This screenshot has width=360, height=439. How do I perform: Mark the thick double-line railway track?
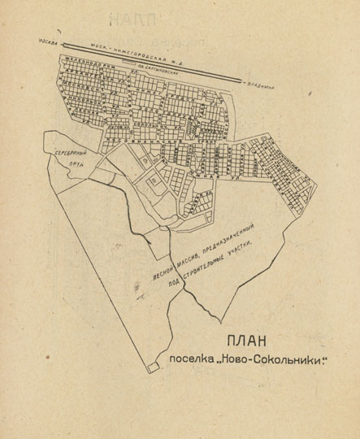pyautogui.click(x=154, y=61)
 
